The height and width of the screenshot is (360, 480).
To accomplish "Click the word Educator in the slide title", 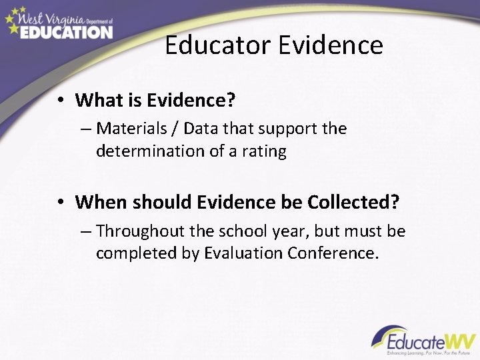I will [x=217, y=45].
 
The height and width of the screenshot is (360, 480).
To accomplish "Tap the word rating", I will [x=264, y=151].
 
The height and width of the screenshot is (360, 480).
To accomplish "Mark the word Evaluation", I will [x=245, y=253].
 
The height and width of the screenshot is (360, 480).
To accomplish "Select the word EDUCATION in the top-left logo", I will [x=65, y=31].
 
